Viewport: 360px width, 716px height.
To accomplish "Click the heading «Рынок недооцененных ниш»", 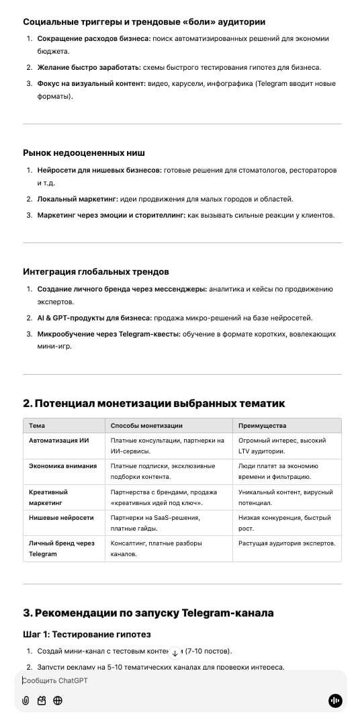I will [84, 153].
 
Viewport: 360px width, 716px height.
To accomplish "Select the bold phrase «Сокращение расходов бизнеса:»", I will [93, 39].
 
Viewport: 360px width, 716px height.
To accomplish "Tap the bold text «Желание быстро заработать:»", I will [89, 67].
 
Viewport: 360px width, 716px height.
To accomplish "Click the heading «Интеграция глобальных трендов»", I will [95, 271].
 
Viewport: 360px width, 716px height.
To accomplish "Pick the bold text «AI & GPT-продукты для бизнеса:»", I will [94, 318].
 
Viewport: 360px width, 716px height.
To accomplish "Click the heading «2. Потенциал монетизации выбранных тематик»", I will [154, 403].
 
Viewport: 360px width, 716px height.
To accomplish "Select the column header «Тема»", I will [38, 426].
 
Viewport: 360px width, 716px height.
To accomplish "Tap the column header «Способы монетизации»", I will [146, 426].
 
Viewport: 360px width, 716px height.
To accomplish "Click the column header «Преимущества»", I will [262, 426].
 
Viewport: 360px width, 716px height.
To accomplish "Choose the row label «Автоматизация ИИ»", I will [59, 441].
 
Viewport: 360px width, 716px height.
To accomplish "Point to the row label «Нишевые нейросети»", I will [61, 518].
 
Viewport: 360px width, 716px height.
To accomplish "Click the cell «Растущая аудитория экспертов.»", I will [287, 543].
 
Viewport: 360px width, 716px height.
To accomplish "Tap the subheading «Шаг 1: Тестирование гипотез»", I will [87, 634].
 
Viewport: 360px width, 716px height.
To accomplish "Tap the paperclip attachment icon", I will [26, 701].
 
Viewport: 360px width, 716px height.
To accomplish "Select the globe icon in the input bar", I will [58, 701].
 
